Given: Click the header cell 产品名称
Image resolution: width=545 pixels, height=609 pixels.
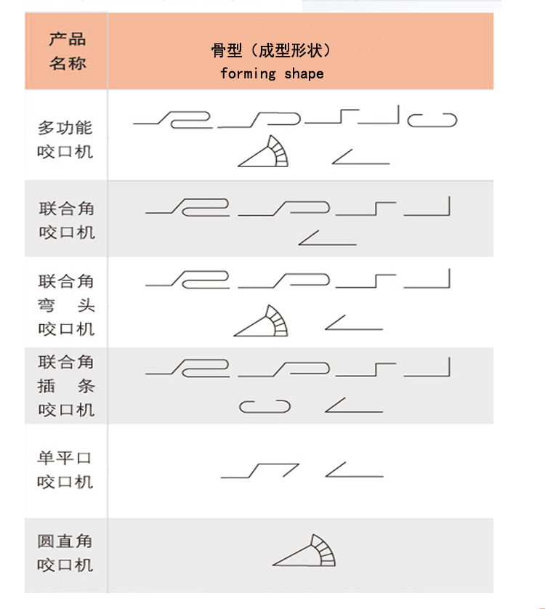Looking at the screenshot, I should pos(67,51).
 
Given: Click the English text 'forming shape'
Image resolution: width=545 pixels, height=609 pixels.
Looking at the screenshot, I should pos(272,73).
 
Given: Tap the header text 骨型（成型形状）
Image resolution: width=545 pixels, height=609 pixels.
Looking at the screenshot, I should pos(271,51).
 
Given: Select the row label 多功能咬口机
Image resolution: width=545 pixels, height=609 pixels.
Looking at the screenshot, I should pos(65,140).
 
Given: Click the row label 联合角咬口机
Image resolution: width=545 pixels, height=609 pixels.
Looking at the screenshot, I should pos(66,220).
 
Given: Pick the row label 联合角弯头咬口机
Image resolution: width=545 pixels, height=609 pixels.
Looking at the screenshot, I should pos(66,304).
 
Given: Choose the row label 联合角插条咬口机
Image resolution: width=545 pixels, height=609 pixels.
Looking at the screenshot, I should pos(66,385).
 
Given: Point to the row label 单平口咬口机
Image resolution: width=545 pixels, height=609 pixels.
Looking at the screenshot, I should pos(65,469).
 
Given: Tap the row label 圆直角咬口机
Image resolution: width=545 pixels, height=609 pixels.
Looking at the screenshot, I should pos(65,552).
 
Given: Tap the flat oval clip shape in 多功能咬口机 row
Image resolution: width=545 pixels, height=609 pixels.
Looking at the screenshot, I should pos(432,120).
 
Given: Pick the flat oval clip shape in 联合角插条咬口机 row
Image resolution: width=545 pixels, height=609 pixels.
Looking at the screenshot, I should pos(265,407).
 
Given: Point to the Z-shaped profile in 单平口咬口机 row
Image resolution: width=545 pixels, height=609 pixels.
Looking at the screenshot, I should pos(260,471).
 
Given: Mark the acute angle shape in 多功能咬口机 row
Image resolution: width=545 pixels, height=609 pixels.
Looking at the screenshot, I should pos(360,156).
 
